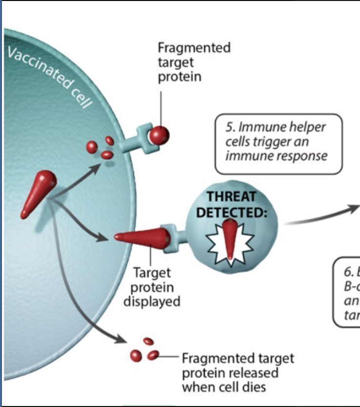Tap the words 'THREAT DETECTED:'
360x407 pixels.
point(231,204)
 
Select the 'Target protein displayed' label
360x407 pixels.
point(151,287)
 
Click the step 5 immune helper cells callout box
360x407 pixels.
point(278,144)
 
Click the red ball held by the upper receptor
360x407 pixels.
point(159,135)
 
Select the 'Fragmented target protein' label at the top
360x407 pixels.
point(194,62)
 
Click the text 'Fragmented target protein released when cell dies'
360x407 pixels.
point(238,373)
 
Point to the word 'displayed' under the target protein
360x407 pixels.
point(151,301)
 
